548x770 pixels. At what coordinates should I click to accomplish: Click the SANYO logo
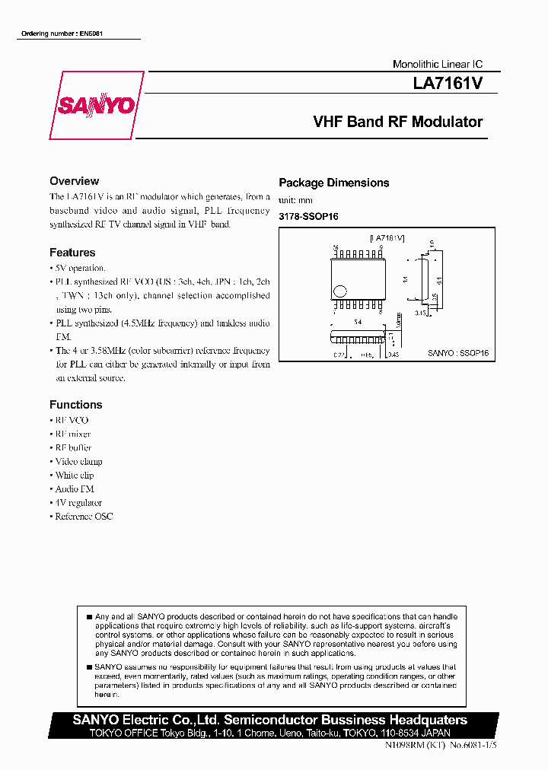click(97, 106)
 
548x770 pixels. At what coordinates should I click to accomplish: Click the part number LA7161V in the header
click(448, 83)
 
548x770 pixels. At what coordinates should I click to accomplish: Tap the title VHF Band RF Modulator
click(398, 122)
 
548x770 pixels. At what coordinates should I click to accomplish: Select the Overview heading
click(74, 181)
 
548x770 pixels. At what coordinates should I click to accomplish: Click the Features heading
click(72, 253)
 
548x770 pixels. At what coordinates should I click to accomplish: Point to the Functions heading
click(75, 405)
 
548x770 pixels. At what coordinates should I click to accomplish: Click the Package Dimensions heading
click(333, 183)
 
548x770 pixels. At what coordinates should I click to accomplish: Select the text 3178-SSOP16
click(308, 217)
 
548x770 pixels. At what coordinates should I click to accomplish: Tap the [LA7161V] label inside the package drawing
click(387, 238)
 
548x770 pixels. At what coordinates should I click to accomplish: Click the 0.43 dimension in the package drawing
click(393, 355)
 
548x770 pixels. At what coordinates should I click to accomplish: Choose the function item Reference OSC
click(83, 517)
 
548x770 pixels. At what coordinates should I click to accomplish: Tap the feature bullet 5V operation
click(79, 269)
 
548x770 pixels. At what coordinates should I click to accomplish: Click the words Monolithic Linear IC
click(437, 65)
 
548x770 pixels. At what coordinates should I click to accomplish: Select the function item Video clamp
click(78, 462)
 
